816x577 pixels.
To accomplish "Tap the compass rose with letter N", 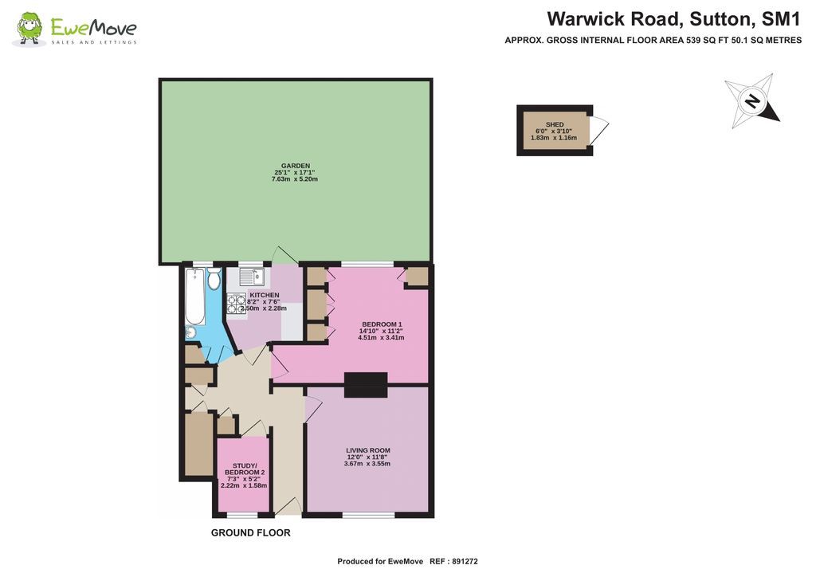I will [751, 100].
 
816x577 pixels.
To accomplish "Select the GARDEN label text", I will [296, 166].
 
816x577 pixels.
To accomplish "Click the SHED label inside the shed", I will [555, 125].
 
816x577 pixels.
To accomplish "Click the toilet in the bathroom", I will [214, 281].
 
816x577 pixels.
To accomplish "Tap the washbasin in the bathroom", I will [191, 332].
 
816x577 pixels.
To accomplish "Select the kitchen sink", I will [252, 277].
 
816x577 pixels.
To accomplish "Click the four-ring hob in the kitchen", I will [237, 304].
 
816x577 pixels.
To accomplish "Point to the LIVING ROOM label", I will [367, 449].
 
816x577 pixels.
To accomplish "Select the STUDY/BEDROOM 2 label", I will [244, 469].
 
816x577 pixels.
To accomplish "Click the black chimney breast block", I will [366, 385].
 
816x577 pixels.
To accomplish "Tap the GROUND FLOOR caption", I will [250, 533].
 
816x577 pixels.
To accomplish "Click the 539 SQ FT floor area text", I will [701, 40].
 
